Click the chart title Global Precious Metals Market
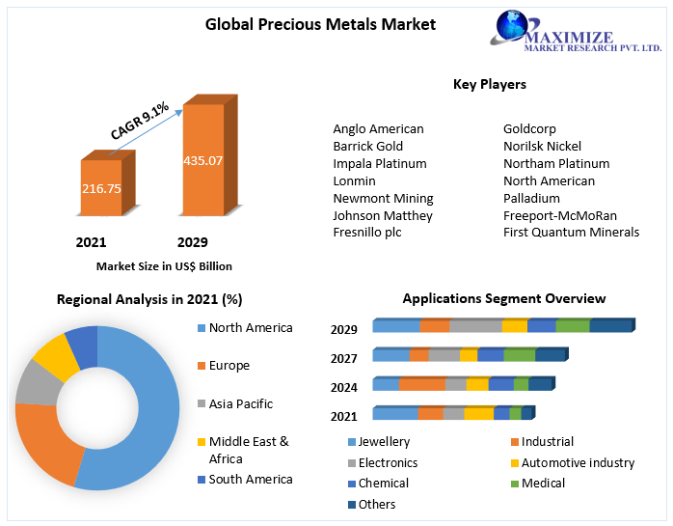coord(307,24)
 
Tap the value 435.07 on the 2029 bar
coord(202,160)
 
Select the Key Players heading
coord(489,85)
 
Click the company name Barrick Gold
coord(367,146)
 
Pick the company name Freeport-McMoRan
coord(559,215)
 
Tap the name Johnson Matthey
coord(383,215)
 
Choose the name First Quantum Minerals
coord(571,233)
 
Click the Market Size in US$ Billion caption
coord(164,266)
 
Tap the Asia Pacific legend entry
coord(240,403)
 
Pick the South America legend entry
coord(250,479)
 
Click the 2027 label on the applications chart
coord(344,358)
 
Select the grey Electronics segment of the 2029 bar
coord(475,326)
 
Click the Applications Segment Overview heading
coord(503,299)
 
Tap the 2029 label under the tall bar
coord(192,242)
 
